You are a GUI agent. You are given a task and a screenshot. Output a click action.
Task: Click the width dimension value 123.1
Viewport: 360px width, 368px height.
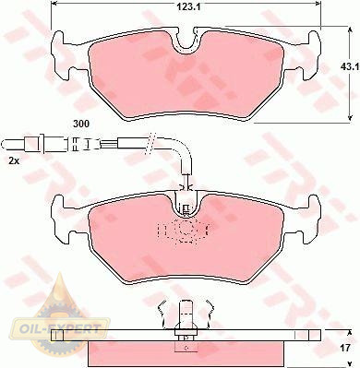coord(188,7)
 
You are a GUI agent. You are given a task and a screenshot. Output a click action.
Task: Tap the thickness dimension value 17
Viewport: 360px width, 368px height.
coord(345,348)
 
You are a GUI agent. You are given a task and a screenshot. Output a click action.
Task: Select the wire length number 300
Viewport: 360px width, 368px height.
coord(81,124)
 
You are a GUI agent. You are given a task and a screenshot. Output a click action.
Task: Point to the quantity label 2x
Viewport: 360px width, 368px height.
coord(15,160)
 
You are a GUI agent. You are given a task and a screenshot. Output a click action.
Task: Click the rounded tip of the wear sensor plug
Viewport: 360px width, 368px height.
coord(4,144)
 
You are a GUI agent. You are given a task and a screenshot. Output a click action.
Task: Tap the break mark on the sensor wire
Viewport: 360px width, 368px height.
coord(150,143)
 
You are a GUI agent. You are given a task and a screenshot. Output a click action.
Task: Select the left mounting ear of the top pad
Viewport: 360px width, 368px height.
coord(63,55)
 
